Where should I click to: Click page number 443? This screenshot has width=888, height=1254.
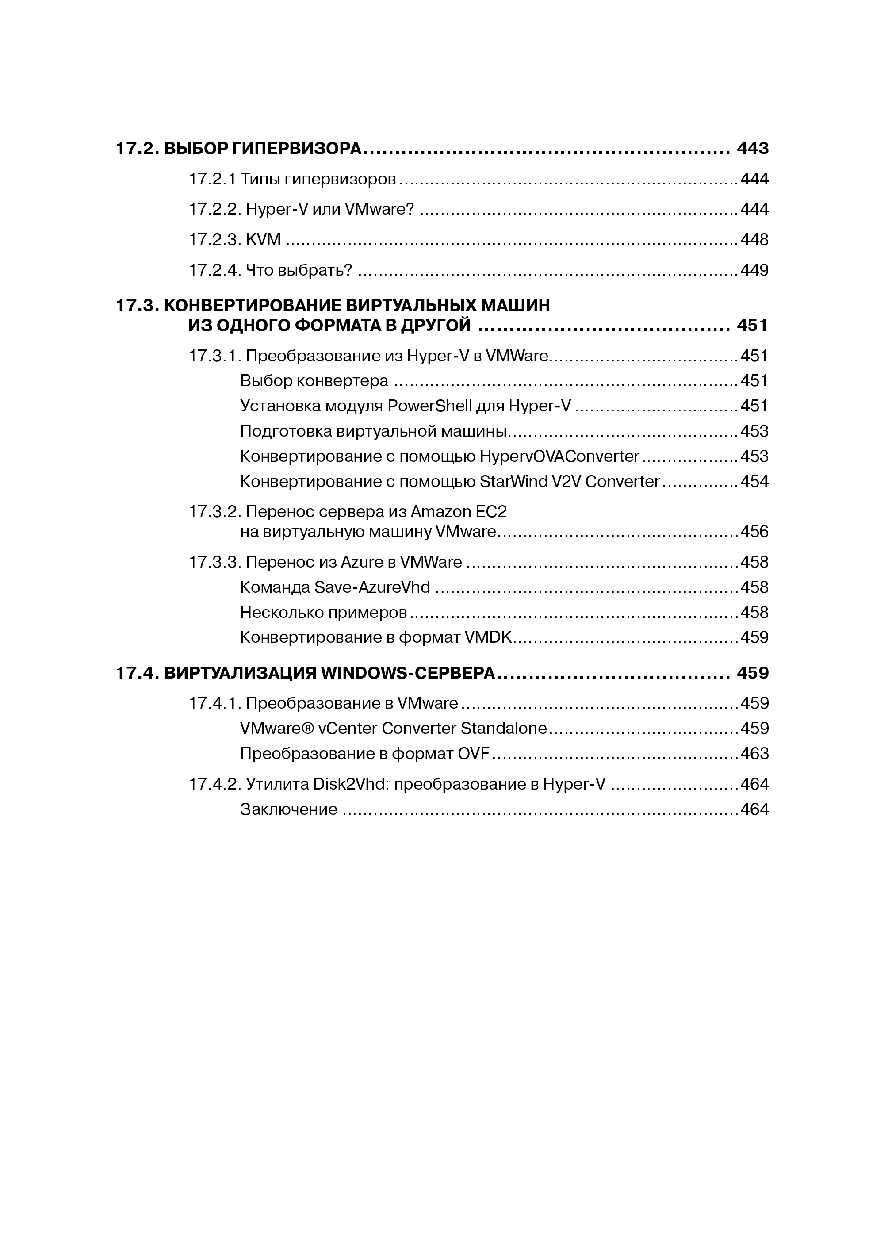752,148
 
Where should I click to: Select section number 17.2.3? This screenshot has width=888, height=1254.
215,240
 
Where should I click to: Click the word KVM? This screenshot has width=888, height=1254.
264,240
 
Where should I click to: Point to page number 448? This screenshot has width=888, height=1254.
754,240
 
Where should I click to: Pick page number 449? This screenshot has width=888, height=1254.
754,270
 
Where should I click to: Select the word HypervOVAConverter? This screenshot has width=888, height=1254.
559,456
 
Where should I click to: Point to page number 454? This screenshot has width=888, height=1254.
754,481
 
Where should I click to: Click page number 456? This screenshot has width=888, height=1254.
754,532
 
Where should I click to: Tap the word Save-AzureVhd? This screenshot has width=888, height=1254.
372,587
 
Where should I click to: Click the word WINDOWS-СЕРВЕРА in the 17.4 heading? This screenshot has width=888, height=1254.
407,673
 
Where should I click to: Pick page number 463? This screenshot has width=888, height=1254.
754,754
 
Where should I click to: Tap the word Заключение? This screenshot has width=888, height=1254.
289,809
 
